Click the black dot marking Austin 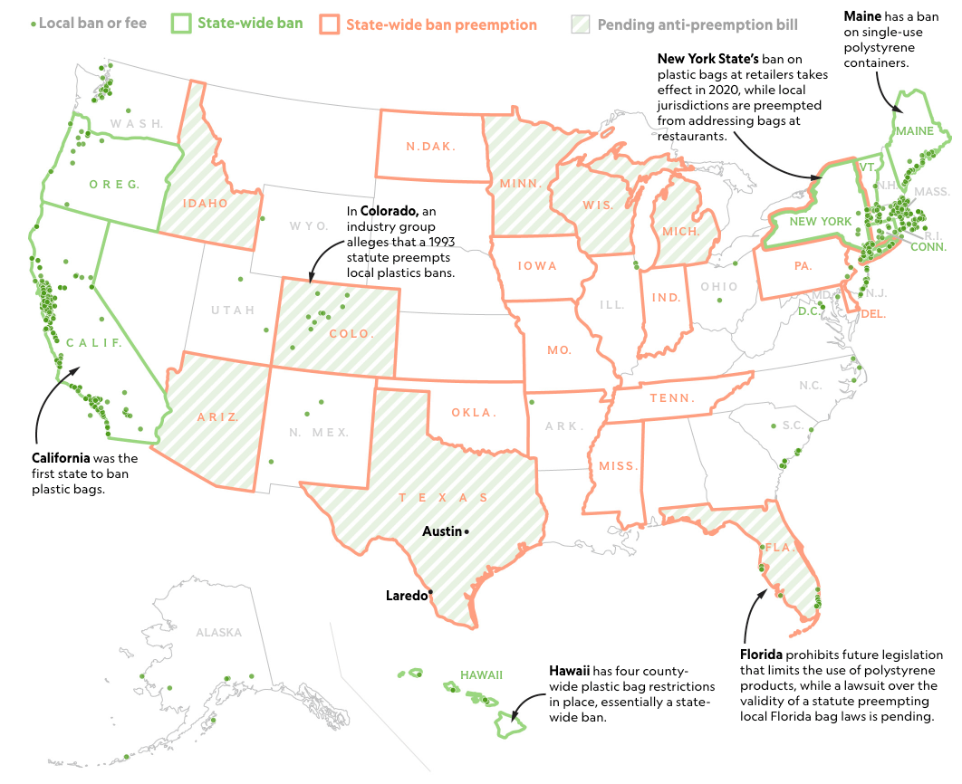[466, 531]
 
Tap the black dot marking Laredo [430, 592]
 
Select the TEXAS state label [443, 498]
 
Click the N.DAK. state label [431, 147]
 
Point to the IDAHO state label [206, 203]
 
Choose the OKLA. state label [475, 413]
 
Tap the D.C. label [807, 311]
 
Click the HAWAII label [481, 674]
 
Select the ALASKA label [219, 633]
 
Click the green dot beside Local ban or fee [34, 24]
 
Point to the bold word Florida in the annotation [761, 655]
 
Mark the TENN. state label [672, 397]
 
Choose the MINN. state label [521, 183]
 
